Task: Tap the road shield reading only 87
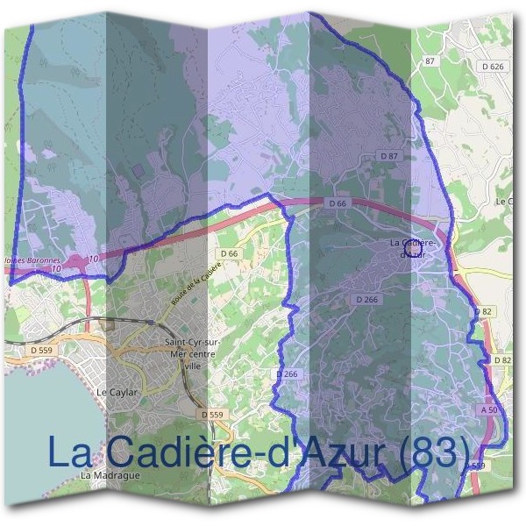430,60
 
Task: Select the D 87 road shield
389,155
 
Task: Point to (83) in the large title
425,452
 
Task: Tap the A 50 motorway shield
489,409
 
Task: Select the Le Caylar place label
117,392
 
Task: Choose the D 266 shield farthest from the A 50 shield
287,373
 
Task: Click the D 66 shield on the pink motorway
338,203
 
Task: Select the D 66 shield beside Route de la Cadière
230,253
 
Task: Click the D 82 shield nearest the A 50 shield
501,360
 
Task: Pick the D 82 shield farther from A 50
483,311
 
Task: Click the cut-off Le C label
505,202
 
